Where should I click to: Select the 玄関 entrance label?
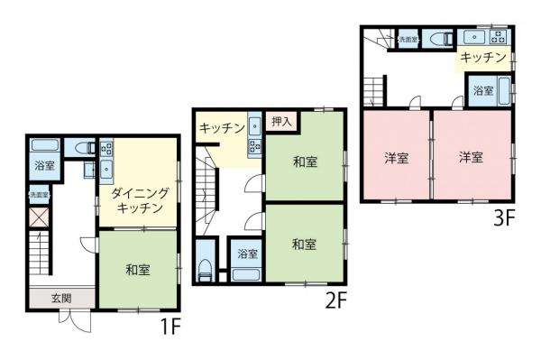(x=60, y=299)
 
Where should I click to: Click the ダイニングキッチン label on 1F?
(x=139, y=200)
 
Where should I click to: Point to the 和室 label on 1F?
(x=138, y=269)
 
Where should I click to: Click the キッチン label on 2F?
(x=222, y=128)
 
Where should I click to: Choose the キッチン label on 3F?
(x=481, y=57)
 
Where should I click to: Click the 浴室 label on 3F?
(x=483, y=90)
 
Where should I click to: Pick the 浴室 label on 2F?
(x=246, y=254)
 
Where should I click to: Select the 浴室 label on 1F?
(x=43, y=166)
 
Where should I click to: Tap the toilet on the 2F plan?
(x=206, y=268)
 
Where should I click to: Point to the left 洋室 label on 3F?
(x=397, y=157)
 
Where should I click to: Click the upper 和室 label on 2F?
(x=305, y=162)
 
